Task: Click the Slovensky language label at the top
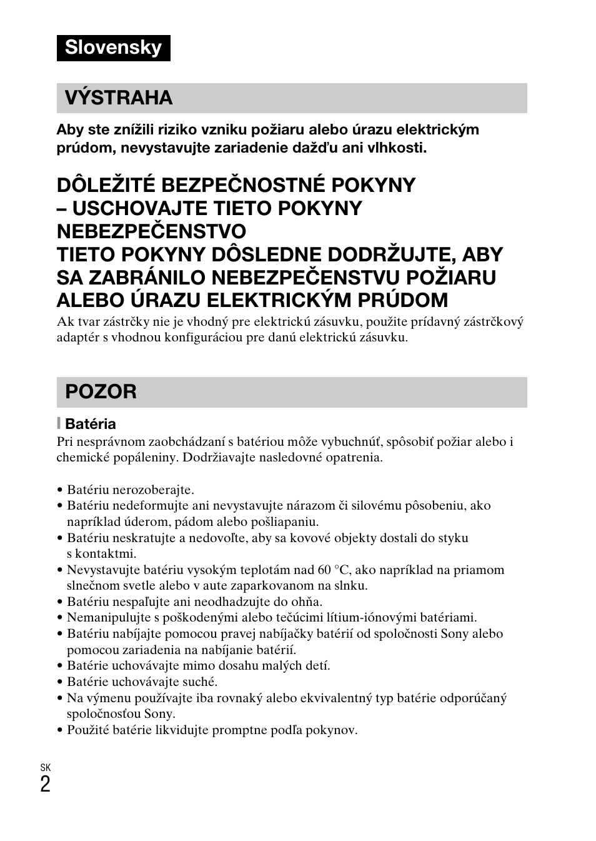(113, 48)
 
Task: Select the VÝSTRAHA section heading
(119, 98)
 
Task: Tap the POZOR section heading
(101, 391)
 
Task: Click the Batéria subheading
(91, 424)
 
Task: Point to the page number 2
(45, 784)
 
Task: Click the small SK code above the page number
(45, 767)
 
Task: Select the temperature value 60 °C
(335, 570)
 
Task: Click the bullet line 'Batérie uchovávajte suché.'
(142, 682)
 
